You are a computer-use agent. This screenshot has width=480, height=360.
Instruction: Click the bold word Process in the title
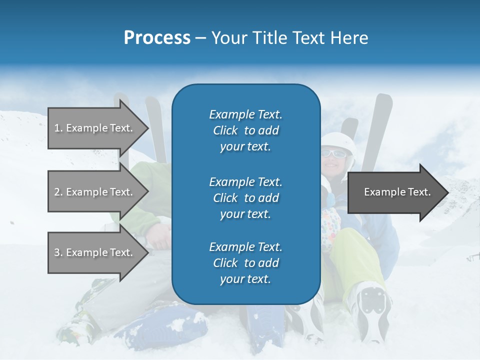(x=157, y=38)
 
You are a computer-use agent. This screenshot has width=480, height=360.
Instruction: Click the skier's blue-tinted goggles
(x=333, y=153)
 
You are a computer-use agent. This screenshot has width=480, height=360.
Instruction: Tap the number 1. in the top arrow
(x=58, y=128)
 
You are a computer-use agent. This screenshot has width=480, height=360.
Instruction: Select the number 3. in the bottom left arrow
(x=58, y=252)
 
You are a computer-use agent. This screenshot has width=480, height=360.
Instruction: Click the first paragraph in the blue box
(x=245, y=130)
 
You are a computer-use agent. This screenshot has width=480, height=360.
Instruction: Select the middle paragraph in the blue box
(x=245, y=198)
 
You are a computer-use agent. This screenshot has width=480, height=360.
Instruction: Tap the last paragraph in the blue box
(x=245, y=263)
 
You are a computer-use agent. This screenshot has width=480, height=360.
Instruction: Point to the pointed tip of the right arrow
(x=447, y=192)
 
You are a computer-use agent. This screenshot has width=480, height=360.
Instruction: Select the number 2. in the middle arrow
(x=58, y=192)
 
